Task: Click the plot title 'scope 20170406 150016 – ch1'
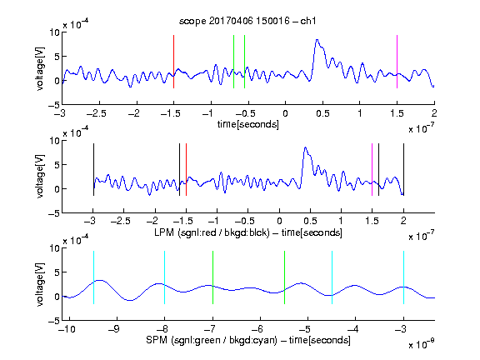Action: coord(247,21)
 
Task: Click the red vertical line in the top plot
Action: coord(173,62)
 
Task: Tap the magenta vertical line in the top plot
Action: coord(397,62)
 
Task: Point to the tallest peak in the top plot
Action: coord(317,40)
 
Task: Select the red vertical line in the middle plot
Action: coord(186,169)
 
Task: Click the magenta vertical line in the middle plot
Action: coord(372,169)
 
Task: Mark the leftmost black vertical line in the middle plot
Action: coord(93,169)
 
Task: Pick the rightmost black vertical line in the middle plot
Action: coord(403,169)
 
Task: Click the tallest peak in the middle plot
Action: coord(305,147)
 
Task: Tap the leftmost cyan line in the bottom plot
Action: coord(93,277)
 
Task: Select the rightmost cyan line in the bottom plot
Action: coord(403,277)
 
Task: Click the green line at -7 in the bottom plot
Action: coord(212,277)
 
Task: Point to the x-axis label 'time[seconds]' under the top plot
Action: coord(248,124)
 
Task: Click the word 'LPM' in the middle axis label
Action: coord(164,232)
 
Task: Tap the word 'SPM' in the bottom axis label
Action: coord(157,340)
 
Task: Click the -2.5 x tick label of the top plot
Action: coord(97,113)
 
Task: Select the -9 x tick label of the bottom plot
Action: coord(114,329)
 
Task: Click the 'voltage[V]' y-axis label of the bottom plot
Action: coord(40,285)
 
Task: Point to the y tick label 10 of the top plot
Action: coord(55,32)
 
